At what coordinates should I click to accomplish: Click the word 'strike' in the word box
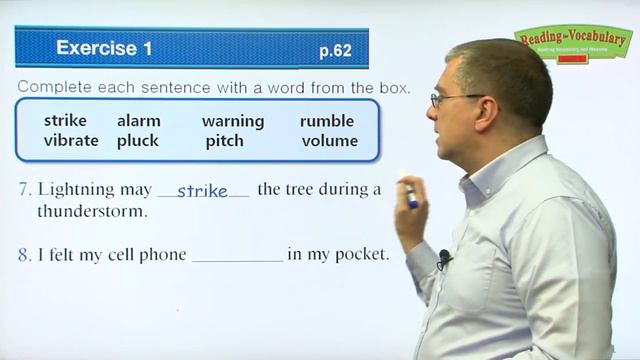[x=66, y=121]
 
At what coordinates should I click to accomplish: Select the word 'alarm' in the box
[x=139, y=121]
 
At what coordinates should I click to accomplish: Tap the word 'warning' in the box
[x=233, y=121]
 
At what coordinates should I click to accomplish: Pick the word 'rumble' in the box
[x=327, y=121]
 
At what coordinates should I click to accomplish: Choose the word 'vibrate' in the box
[x=71, y=141]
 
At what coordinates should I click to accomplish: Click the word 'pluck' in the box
[x=138, y=141]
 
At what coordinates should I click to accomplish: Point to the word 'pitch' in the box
[x=224, y=141]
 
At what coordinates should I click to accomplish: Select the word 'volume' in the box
[x=329, y=141]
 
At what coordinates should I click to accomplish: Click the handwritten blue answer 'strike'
[x=202, y=190]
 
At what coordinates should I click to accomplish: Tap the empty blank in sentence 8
[x=237, y=256]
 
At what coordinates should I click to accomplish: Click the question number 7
[x=22, y=190]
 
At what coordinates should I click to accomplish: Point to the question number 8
[x=22, y=255]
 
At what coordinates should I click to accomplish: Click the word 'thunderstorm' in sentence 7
[x=92, y=212]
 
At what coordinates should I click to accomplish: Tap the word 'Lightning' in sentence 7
[x=75, y=190]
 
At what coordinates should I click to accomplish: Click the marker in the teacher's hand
[x=410, y=190]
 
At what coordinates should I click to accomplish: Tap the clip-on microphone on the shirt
[x=443, y=259]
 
